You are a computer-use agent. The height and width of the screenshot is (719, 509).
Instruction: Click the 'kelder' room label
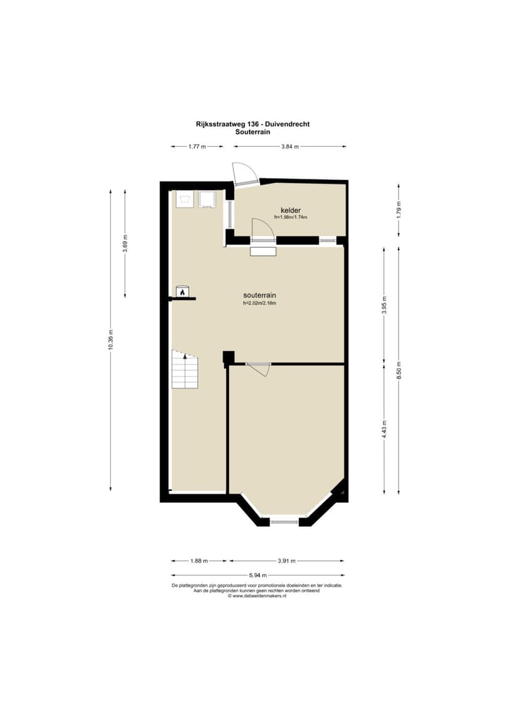pos(291,210)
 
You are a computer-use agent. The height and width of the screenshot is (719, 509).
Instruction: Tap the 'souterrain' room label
pos(259,295)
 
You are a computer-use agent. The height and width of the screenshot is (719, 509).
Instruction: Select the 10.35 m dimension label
pos(110,340)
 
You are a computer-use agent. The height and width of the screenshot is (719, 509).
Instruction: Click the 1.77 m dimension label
pos(197,147)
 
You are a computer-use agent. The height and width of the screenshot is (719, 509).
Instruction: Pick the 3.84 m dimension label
pos(290,147)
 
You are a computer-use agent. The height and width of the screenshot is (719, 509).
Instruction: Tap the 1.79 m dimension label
pos(399,210)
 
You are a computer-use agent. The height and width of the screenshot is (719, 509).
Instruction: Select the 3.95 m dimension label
pos(384,305)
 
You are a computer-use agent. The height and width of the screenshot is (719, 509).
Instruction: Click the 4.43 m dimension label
pos(384,429)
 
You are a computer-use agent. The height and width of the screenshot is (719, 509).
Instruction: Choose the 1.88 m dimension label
pos(199,561)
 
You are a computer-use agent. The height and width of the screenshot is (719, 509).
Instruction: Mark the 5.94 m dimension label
pos(258,575)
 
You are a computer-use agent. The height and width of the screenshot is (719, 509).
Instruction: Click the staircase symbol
pos(185,369)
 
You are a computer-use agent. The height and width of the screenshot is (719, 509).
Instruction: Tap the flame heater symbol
pos(182,292)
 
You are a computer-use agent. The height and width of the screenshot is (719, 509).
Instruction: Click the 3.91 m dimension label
pos(286,561)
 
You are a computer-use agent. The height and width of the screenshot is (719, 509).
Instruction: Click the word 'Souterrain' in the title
pos(252,132)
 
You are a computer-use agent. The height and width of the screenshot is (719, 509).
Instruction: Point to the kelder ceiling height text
pos(291,218)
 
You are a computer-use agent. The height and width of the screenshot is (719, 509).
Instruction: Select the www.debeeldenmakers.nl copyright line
pos(257,596)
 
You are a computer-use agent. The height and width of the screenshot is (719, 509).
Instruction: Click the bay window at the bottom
pos(284,522)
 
